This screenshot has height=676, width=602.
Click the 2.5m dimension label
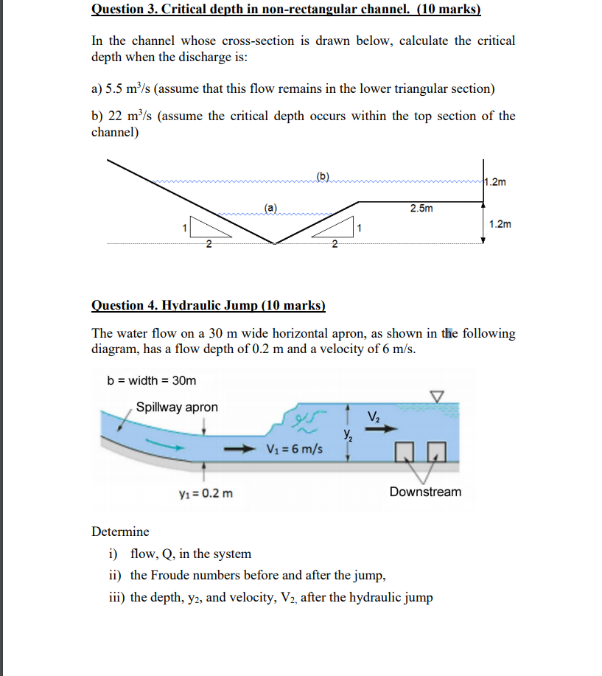pos(421,209)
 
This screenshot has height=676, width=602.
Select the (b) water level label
pos(323,175)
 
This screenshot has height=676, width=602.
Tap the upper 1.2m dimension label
pos(497,182)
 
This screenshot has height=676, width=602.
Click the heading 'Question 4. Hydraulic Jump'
pos(208,305)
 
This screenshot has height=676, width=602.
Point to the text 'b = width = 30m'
pos(152,380)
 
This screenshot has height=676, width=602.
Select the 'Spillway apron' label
pos(177,407)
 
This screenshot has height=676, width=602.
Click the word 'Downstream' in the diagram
pos(425,492)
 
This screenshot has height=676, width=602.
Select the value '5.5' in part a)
pos(116,88)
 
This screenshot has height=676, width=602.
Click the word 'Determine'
pos(120,532)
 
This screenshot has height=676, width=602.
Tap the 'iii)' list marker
pos(116,597)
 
